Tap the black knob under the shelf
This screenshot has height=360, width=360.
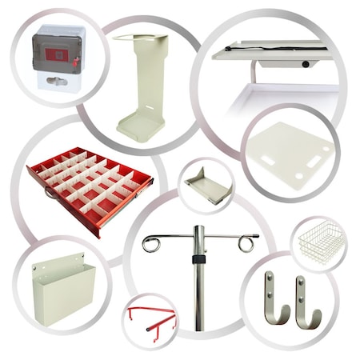(x=306, y=63)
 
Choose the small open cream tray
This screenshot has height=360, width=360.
(x=207, y=186)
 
